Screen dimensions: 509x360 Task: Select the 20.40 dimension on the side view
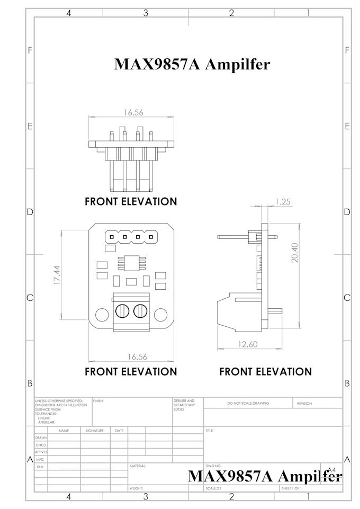[295, 252]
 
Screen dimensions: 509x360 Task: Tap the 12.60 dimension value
[247, 344]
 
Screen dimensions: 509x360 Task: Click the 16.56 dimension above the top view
[133, 112]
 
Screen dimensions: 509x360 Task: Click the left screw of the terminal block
[121, 310]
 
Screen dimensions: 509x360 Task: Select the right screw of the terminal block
[140, 310]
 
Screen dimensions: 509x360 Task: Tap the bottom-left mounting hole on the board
[101, 314]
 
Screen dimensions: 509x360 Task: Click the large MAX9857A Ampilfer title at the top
[192, 64]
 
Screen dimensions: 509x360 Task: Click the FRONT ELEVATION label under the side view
[265, 372]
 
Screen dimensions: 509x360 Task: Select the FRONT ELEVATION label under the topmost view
[131, 202]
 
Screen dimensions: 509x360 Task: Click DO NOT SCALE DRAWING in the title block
[248, 403]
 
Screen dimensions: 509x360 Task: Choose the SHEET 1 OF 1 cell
[291, 488]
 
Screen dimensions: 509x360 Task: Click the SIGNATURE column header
[94, 431]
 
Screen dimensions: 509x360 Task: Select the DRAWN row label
[41, 438]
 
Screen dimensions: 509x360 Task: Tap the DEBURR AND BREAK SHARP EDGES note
[184, 405]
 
